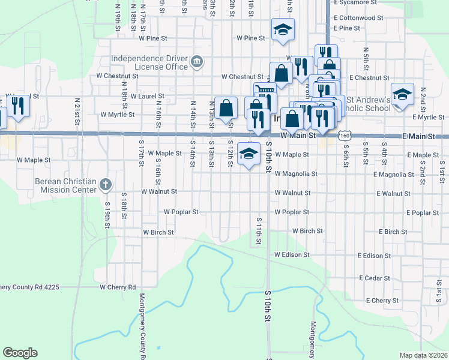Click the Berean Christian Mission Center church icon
click(x=105, y=185)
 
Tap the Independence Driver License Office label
click(x=149, y=62)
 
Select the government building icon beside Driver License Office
click(x=196, y=62)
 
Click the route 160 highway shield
click(x=344, y=136)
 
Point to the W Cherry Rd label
click(x=118, y=287)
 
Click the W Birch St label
click(x=158, y=232)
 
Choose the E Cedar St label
click(x=375, y=278)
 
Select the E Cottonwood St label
click(x=358, y=18)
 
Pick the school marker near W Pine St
click(x=283, y=29)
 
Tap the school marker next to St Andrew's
click(x=403, y=94)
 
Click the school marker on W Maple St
click(x=249, y=154)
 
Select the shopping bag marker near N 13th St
click(x=226, y=109)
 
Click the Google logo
click(x=20, y=353)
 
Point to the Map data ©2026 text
click(x=423, y=355)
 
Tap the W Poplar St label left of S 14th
click(x=181, y=212)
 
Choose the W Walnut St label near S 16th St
click(x=159, y=191)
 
